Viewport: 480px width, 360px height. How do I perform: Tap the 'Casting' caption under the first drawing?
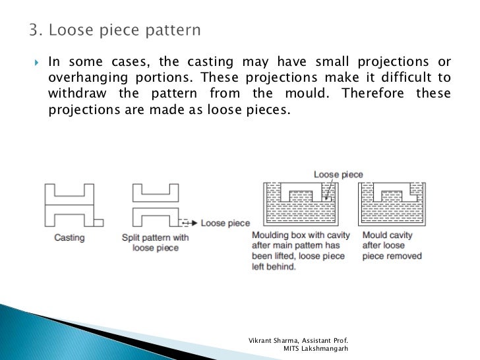pyautogui.click(x=69, y=237)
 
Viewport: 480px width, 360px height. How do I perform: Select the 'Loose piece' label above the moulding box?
pyautogui.click(x=338, y=175)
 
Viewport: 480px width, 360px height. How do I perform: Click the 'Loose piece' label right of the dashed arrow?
pyautogui.click(x=225, y=224)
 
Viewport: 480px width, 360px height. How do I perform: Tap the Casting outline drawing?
pyautogui.click(x=69, y=204)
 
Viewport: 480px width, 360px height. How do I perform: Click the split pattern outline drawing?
pyautogui.click(x=155, y=204)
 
